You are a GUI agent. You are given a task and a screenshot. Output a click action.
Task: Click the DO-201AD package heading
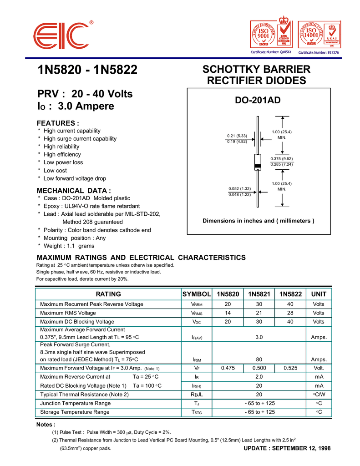tap(258, 100)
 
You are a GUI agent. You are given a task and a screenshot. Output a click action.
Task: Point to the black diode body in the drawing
tap(258, 162)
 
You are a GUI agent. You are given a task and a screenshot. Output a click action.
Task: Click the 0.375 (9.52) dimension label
tap(281, 159)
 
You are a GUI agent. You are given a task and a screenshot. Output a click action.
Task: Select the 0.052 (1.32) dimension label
tap(240, 188)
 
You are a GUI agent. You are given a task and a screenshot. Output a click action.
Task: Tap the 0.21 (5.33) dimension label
tap(237, 136)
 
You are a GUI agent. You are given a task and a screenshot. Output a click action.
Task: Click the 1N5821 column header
tap(259, 294)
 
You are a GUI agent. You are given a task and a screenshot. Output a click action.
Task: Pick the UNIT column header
tap(319, 294)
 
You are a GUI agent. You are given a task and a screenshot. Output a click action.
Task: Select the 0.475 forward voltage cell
tap(228, 368)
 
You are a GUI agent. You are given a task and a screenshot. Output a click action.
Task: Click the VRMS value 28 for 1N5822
tap(290, 313)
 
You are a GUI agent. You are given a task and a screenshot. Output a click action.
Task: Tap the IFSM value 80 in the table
tap(259, 360)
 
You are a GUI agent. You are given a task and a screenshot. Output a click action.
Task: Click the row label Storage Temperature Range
tap(75, 412)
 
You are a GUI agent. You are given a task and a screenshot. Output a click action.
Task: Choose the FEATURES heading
tap(58, 123)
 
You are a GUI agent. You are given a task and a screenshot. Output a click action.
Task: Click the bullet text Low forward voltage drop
tap(75, 178)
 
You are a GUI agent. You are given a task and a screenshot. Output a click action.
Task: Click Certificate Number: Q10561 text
tap(271, 52)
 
